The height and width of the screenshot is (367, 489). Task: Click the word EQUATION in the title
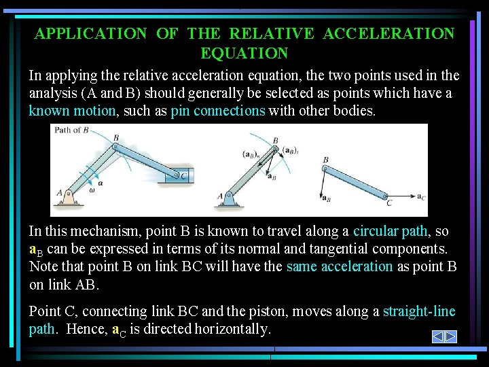[x=244, y=53]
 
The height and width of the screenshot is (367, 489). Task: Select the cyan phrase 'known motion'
[x=72, y=111]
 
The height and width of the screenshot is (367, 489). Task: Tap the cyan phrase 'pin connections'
[x=218, y=111]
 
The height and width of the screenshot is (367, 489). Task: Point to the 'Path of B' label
[x=72, y=130]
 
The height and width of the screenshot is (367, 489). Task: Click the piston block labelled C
[x=180, y=177]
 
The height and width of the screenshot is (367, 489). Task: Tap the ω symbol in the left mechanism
[x=91, y=190]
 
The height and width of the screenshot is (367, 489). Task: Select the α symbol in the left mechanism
[x=101, y=183]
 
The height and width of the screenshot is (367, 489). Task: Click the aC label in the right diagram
[x=421, y=197]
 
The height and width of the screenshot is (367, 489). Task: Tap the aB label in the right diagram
[x=326, y=198]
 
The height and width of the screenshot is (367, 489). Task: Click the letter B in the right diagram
[x=326, y=160]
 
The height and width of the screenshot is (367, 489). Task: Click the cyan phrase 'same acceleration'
[x=340, y=266]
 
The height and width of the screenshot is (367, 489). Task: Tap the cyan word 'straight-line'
[x=419, y=311]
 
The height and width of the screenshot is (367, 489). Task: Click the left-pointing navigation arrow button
[x=438, y=336]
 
